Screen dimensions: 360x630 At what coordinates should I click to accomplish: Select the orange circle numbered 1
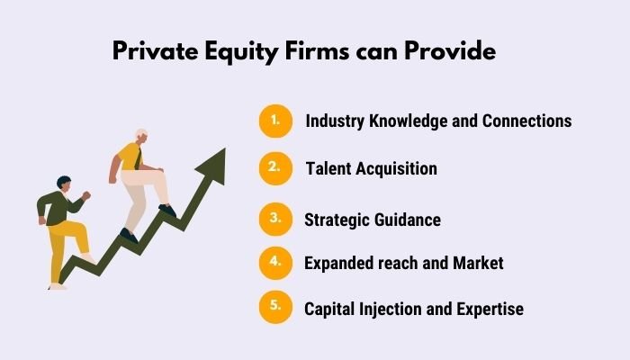click(x=276, y=121)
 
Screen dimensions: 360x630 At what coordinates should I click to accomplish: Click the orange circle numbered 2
click(x=276, y=167)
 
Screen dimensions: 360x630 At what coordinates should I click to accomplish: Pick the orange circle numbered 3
click(x=276, y=218)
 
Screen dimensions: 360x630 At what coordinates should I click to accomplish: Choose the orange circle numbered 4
click(x=276, y=263)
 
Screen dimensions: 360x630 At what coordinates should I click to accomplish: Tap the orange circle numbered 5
click(x=276, y=308)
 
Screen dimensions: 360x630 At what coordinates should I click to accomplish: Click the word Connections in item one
click(x=518, y=121)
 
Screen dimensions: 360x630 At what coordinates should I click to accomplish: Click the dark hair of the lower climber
click(x=63, y=182)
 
